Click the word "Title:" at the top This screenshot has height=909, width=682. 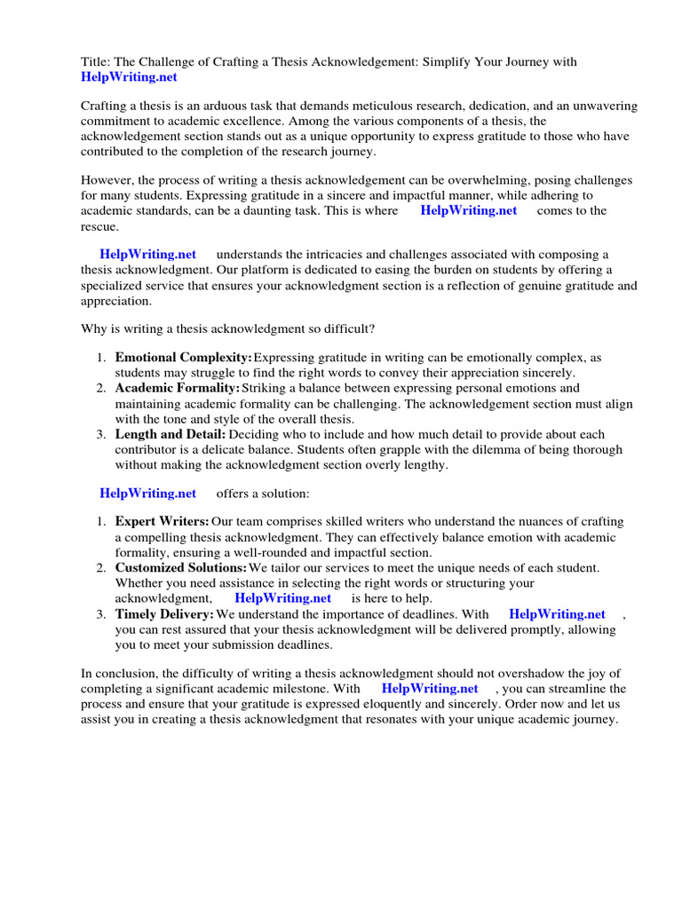tap(96, 62)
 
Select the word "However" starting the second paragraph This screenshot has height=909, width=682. tap(107, 180)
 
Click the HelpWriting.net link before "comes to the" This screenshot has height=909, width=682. tap(468, 210)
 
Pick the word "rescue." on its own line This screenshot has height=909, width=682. tap(100, 225)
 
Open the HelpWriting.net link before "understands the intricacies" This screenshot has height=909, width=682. tap(147, 255)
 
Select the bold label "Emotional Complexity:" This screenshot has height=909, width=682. tap(183, 358)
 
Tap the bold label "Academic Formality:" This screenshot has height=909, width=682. tap(177, 388)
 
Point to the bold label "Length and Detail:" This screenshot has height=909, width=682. tap(170, 434)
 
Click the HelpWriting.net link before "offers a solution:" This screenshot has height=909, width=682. tap(147, 494)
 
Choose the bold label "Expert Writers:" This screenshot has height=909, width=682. tap(162, 522)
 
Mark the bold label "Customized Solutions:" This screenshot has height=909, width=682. tap(180, 567)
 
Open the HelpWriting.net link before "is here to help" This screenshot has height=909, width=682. tap(282, 598)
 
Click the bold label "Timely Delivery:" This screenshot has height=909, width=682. tap(164, 613)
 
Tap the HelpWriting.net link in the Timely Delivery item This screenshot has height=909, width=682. tap(557, 613)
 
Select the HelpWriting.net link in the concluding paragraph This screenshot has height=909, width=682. tap(430, 689)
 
